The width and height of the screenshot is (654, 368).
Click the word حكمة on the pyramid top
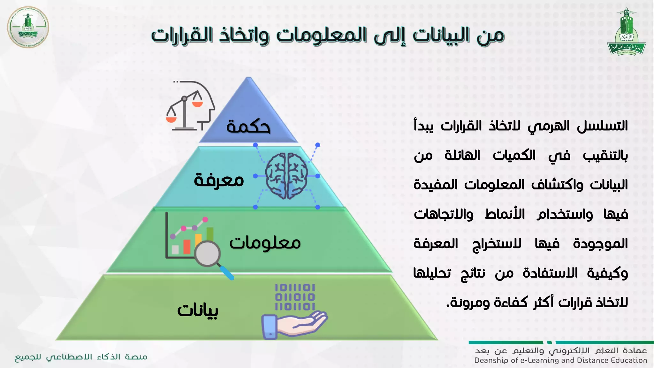point(248,126)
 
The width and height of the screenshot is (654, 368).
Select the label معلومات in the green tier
point(265,243)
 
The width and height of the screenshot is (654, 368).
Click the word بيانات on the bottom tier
point(198,310)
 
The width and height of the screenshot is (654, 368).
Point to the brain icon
point(286,176)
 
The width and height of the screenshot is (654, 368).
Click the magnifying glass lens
point(208,254)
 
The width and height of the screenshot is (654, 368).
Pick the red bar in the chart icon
point(187,246)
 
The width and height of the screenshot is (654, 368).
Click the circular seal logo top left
point(28,27)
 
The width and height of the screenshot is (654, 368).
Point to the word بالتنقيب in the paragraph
point(605,156)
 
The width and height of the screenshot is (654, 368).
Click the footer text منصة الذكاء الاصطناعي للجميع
point(81,357)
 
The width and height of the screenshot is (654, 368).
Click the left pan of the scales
point(171,119)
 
